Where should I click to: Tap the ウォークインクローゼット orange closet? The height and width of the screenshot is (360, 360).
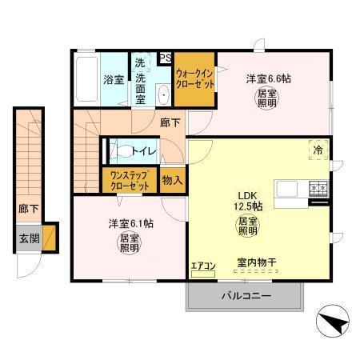click(x=195, y=80)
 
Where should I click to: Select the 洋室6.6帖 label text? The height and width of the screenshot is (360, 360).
click(x=268, y=79)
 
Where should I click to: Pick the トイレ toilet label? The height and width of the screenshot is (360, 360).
click(x=145, y=150)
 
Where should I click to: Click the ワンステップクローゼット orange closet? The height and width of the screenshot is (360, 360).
click(x=130, y=179)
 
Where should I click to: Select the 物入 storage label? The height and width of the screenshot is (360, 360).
click(x=172, y=180)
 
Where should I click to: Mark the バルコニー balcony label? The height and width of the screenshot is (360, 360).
click(x=246, y=296)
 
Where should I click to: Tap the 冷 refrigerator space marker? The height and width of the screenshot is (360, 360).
click(x=318, y=150)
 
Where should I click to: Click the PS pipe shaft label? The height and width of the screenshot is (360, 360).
click(x=166, y=58)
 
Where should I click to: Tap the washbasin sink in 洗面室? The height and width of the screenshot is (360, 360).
click(x=162, y=94)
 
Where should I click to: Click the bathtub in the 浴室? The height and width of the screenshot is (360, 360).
click(x=86, y=80)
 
